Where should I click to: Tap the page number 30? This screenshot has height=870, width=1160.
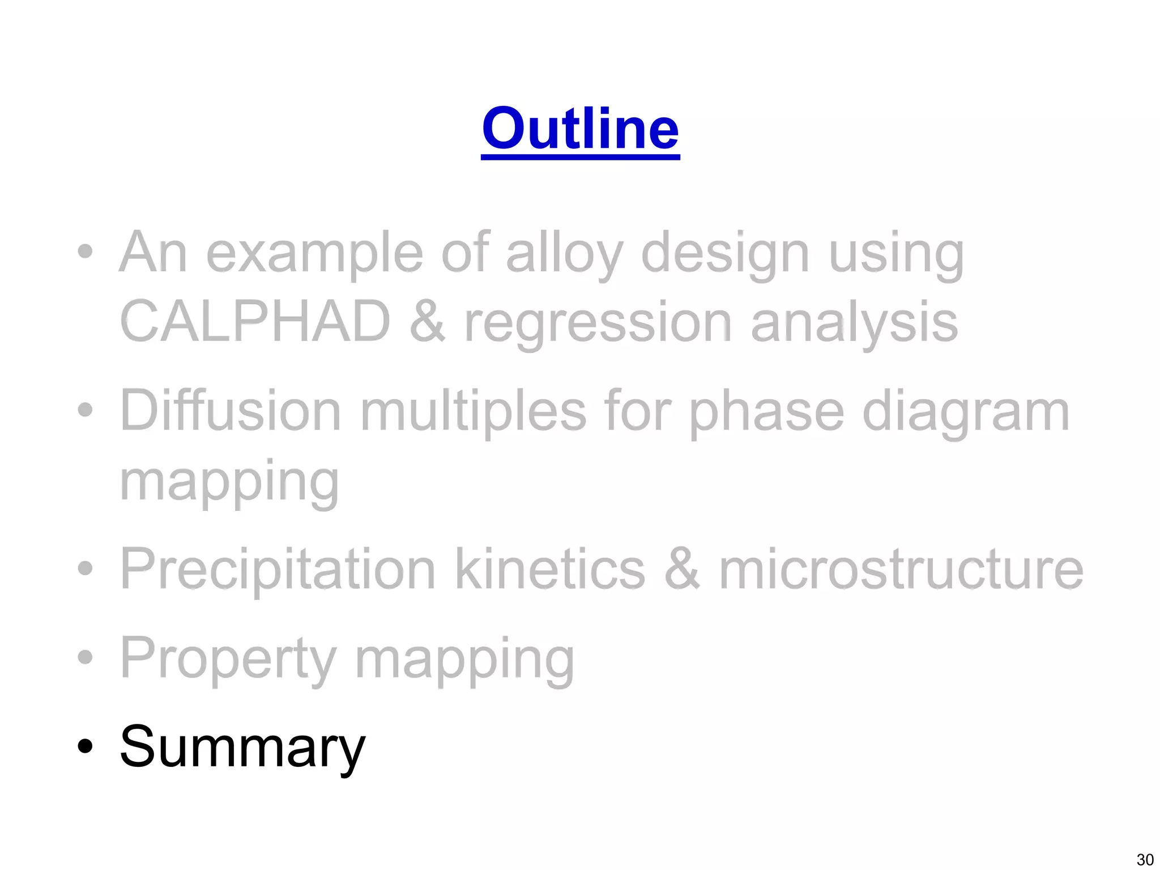pos(1145,859)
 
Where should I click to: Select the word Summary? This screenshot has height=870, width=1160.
pos(242,748)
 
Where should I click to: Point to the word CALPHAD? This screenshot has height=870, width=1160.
pos(255,322)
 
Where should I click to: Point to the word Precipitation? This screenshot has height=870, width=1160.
pos(278,569)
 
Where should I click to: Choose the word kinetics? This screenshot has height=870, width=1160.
pos(549,569)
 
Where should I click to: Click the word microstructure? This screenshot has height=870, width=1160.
pos(901,569)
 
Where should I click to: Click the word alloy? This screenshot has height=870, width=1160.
pos(564,254)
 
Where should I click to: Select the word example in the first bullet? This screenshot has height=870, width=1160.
pos(314,254)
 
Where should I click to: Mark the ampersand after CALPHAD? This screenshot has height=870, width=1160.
pos(428,322)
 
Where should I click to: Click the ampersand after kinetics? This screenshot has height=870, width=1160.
pos(682,569)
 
